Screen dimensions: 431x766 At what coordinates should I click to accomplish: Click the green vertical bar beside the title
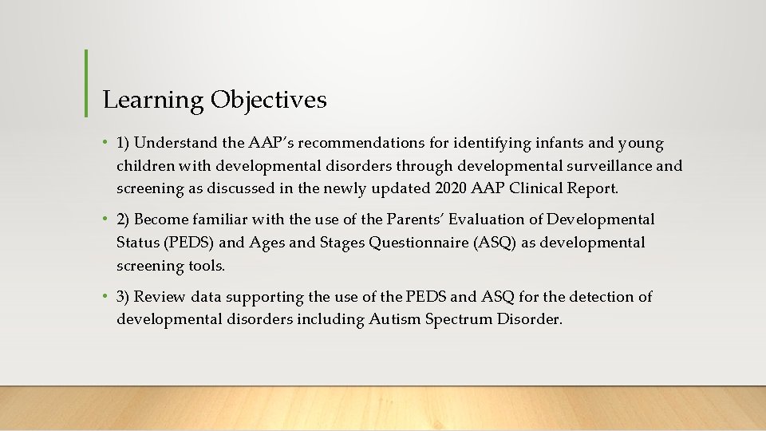pos(85,82)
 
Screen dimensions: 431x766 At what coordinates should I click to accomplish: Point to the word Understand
pos(176,144)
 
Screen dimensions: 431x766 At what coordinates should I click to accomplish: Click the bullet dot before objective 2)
pos(104,219)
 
